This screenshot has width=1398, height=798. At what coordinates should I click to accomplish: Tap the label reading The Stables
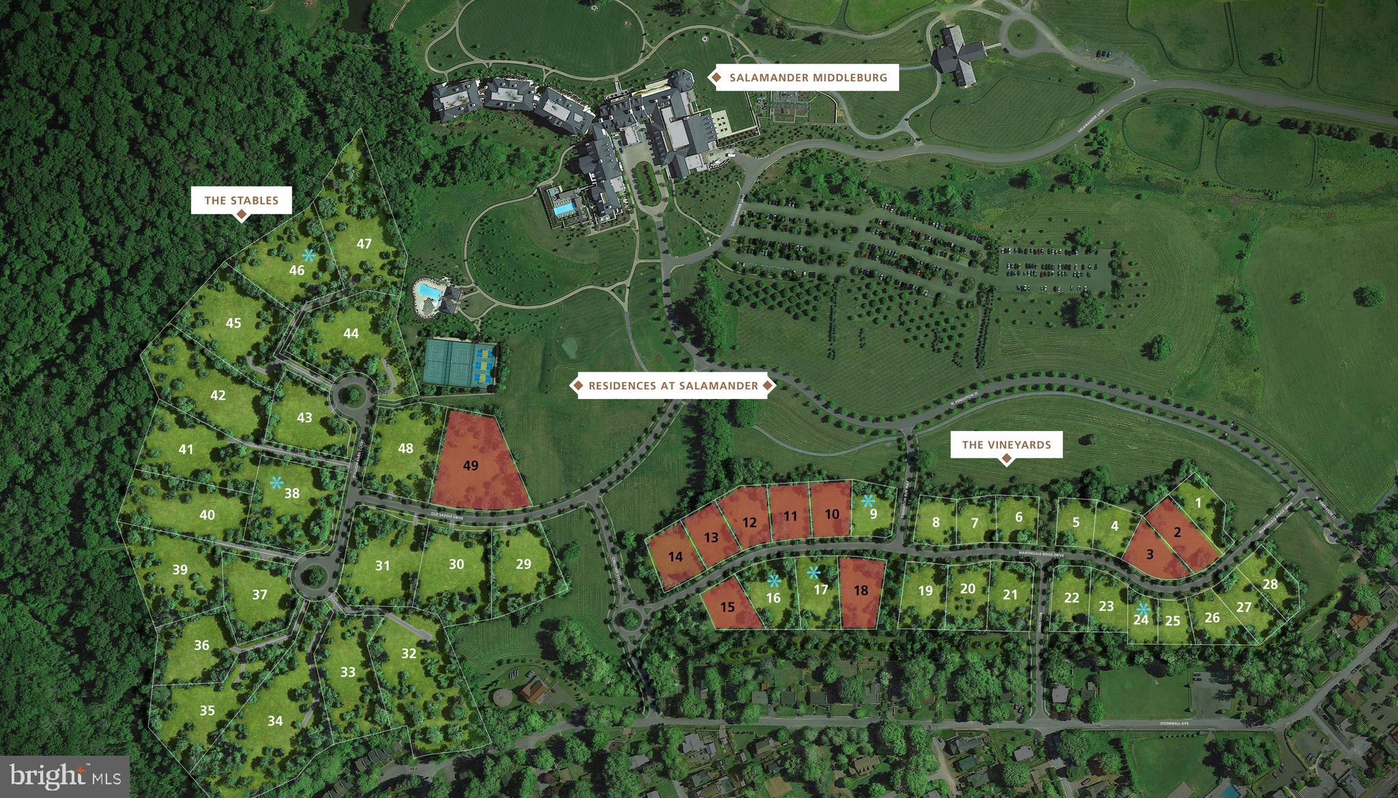241,201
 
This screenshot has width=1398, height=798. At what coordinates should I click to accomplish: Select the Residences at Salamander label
673,386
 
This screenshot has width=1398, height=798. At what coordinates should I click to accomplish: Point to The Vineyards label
1006,445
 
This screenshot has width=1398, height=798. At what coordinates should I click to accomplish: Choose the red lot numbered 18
861,591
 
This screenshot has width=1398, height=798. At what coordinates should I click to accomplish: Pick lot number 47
364,243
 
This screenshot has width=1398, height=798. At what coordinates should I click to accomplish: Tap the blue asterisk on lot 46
309,256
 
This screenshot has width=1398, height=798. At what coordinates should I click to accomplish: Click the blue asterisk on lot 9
868,501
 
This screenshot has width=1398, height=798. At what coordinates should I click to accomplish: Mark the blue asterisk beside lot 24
1143,609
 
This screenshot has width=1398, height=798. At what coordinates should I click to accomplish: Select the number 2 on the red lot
1177,533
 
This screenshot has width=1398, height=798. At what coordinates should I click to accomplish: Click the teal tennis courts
461,363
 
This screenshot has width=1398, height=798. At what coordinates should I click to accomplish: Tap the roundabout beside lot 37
313,577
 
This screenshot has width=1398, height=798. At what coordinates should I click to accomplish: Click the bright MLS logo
65,776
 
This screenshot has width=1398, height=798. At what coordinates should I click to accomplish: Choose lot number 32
409,653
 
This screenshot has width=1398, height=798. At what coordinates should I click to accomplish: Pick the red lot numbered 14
675,557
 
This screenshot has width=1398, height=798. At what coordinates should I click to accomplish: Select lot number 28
1270,584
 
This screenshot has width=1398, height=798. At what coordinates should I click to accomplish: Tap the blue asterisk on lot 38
276,483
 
